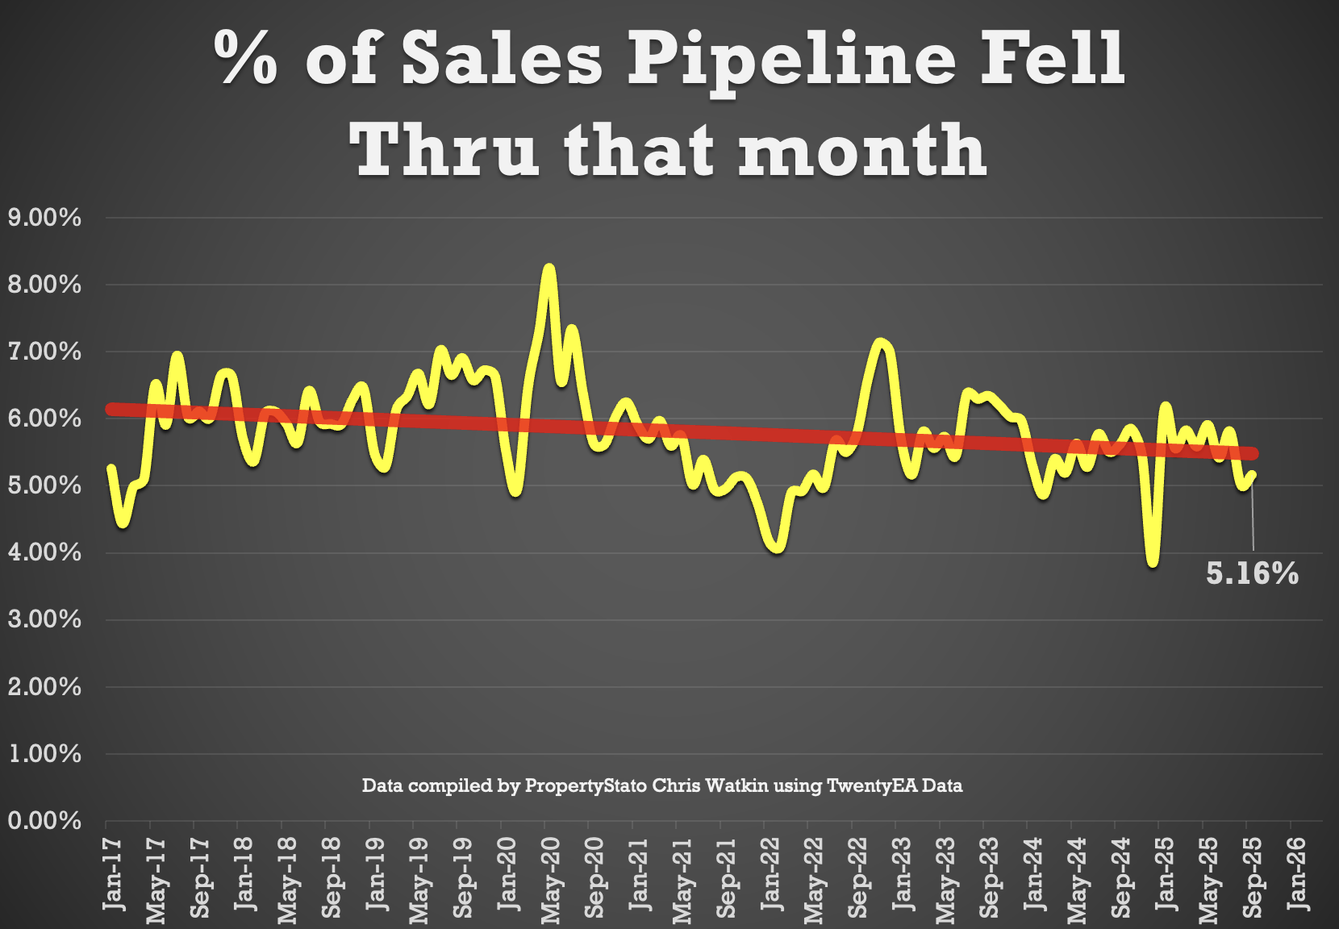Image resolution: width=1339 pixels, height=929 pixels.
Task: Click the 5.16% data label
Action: click(x=1252, y=573)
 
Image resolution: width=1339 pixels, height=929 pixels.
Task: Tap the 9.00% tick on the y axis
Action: click(x=45, y=218)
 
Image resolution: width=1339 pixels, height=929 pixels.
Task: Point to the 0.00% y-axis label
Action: click(x=45, y=821)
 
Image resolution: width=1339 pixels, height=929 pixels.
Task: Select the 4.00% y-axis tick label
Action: click(x=45, y=553)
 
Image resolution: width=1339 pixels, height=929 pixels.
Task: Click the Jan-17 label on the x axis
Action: click(x=114, y=874)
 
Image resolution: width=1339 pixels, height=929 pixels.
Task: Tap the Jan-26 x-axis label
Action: click(x=1297, y=874)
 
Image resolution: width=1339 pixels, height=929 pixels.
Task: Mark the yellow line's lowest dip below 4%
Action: click(x=1153, y=563)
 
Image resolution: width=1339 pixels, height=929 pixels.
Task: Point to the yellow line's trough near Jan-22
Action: click(x=777, y=549)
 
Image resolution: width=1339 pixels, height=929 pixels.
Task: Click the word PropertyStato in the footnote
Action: click(x=586, y=785)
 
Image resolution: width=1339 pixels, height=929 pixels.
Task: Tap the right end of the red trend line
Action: click(x=1253, y=454)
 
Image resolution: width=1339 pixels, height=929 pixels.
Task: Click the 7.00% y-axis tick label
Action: click(x=45, y=352)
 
